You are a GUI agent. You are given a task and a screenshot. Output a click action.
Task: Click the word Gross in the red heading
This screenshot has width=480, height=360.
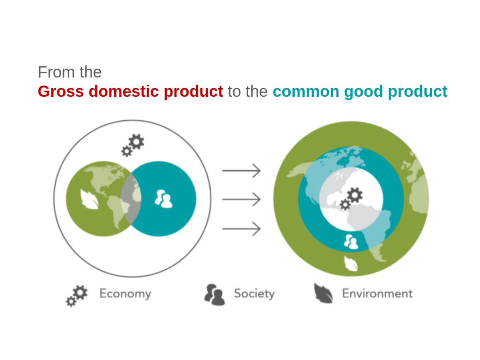click(x=61, y=91)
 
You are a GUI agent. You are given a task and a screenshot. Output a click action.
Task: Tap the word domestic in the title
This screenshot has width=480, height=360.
click(x=124, y=91)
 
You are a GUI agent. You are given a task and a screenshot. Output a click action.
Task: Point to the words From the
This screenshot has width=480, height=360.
click(x=69, y=72)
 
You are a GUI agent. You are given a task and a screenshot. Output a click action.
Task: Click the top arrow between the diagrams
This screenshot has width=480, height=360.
click(x=241, y=171)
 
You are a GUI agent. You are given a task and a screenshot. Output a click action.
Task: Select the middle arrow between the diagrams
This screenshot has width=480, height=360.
click(x=241, y=199)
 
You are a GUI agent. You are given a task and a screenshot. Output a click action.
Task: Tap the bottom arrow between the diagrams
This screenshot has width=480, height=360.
click(x=241, y=228)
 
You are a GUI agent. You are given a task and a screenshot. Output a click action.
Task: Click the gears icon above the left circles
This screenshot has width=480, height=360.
click(x=133, y=145)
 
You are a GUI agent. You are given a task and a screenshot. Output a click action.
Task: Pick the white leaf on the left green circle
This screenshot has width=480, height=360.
click(x=89, y=199)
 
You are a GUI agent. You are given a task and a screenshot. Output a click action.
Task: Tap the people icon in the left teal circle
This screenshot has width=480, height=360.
click(x=164, y=199)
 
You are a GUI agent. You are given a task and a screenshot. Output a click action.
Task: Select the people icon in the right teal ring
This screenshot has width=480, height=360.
click(x=351, y=242)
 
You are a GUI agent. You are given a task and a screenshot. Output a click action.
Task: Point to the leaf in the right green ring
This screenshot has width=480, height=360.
click(x=351, y=264)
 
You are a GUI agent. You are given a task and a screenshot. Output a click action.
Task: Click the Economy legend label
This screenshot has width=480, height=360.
click(x=125, y=293)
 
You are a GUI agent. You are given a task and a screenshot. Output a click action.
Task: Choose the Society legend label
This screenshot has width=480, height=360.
click(x=254, y=293)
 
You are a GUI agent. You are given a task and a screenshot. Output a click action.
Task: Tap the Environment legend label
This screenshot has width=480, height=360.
click(x=377, y=293)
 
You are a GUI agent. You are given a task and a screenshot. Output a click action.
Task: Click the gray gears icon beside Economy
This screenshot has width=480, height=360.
click(x=77, y=296)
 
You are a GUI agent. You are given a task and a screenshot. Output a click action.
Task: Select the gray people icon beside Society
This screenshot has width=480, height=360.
click(x=215, y=295)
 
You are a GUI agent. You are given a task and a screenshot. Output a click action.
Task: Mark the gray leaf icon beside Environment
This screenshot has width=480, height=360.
click(x=324, y=293)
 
